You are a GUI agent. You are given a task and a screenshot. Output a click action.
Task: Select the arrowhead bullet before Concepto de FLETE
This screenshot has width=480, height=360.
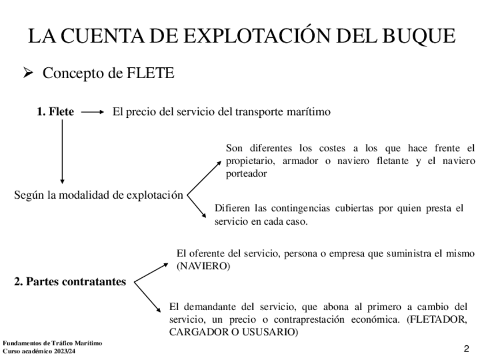coord(29,73)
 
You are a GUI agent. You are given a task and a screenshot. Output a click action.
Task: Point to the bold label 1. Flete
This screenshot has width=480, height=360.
coord(55,112)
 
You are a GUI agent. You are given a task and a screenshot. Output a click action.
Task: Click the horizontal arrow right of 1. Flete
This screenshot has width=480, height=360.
coord(93,112)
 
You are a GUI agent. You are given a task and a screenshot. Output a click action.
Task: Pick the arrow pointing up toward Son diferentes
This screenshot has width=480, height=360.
coord(204,176)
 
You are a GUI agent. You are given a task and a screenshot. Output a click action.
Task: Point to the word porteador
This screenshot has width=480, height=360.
coord(246,174)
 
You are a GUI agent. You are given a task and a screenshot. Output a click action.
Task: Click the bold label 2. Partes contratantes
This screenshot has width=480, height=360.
coord(70,282)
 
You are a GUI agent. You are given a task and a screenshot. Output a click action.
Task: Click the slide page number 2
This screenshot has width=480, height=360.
coord(466,348)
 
